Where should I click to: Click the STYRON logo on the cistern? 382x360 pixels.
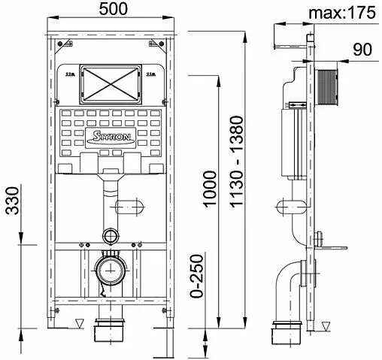click(x=111, y=135)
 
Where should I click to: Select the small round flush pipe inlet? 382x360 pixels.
click(x=111, y=236)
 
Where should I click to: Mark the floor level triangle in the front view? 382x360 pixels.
click(x=79, y=324)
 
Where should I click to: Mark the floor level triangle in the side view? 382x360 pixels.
click(x=327, y=324)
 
